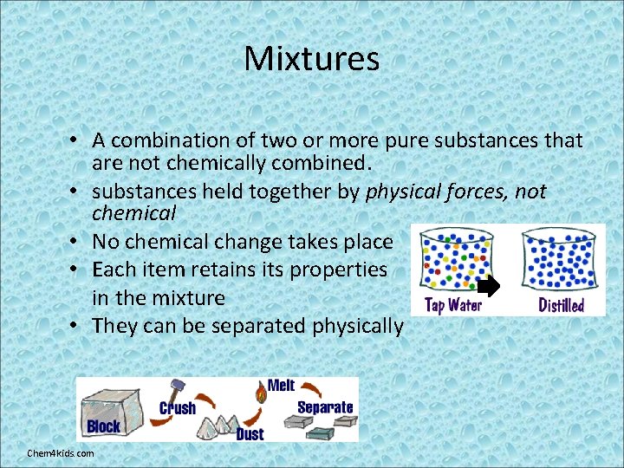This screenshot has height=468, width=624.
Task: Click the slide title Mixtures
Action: click(311, 59)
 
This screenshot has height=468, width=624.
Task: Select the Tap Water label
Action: click(453, 304)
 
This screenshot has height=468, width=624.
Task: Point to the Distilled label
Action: click(561, 305)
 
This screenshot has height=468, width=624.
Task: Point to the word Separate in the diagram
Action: click(325, 407)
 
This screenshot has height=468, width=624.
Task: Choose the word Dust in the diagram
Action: click(250, 433)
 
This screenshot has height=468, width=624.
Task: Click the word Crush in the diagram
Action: click(178, 408)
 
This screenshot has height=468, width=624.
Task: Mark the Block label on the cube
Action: click(104, 426)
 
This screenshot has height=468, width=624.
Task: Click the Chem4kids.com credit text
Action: click(61, 453)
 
